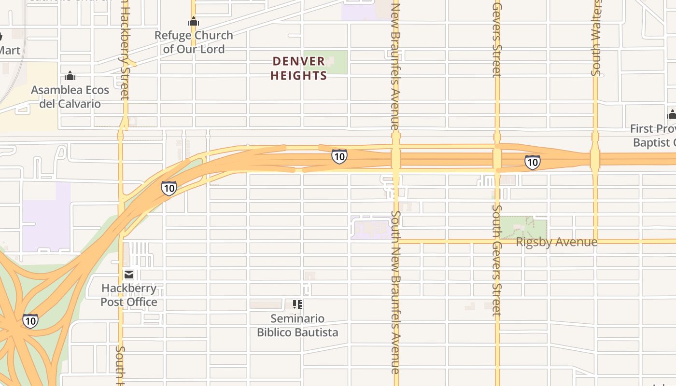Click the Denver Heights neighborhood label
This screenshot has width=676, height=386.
pos(299,69)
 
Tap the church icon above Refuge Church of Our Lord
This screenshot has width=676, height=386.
pos(194,22)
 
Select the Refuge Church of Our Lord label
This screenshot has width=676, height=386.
pos(194,42)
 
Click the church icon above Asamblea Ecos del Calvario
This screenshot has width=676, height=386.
pos(70,76)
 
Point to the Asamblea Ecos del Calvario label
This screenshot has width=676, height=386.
pos(70,96)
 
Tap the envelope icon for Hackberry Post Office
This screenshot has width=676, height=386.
pos(129,275)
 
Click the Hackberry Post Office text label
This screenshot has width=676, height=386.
pos(129,295)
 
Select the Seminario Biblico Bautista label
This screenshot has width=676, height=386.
pos(297,325)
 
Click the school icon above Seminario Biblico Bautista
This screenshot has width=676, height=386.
pos(297,304)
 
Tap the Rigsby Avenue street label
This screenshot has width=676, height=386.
pos(556,242)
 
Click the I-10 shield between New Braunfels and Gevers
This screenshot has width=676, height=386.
pos(532,162)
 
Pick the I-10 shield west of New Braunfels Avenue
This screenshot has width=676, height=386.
pos(339,156)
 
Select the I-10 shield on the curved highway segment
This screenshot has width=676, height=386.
pos(169,188)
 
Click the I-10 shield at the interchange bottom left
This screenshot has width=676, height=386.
pos(30,320)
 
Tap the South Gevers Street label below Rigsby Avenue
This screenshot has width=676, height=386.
pos(496,261)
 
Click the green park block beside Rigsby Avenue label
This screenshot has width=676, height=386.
pos(523,227)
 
